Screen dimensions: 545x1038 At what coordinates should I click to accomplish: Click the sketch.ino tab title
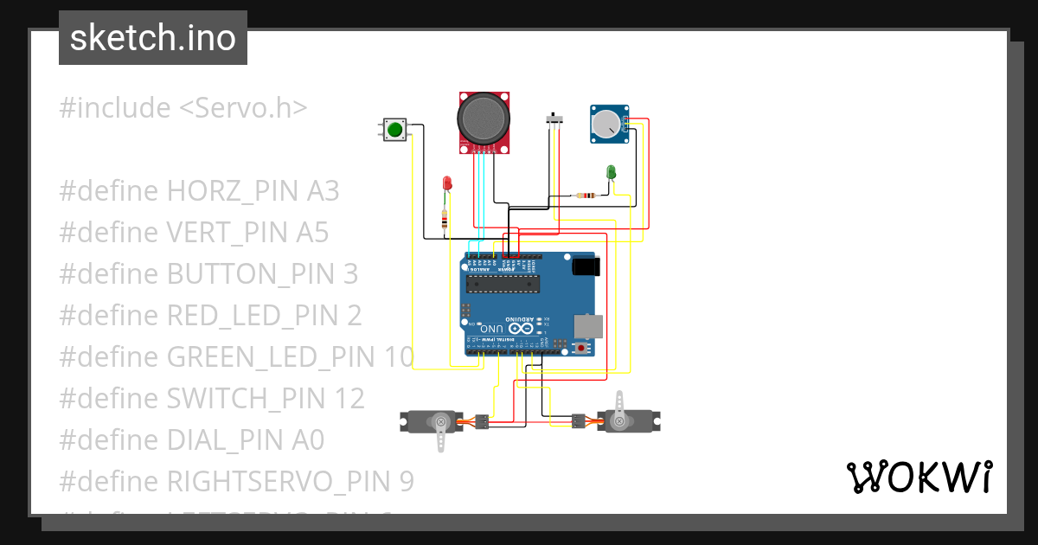pos(153,38)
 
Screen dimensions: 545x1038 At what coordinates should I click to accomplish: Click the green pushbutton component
pos(395,130)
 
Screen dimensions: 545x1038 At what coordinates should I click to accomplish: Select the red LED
pos(447,183)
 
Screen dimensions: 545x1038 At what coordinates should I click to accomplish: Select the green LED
pos(611,172)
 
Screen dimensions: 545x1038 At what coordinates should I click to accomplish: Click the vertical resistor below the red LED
pos(445,221)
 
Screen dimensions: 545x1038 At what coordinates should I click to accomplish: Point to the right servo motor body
pos(630,421)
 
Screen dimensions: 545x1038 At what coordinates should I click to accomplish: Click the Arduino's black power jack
pos(586,266)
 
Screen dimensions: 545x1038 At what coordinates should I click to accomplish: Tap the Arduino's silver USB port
pos(586,325)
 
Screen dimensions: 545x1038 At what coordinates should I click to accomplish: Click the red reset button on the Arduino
pos(582,348)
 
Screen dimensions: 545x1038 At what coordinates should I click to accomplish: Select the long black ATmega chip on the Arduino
pos(502,281)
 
